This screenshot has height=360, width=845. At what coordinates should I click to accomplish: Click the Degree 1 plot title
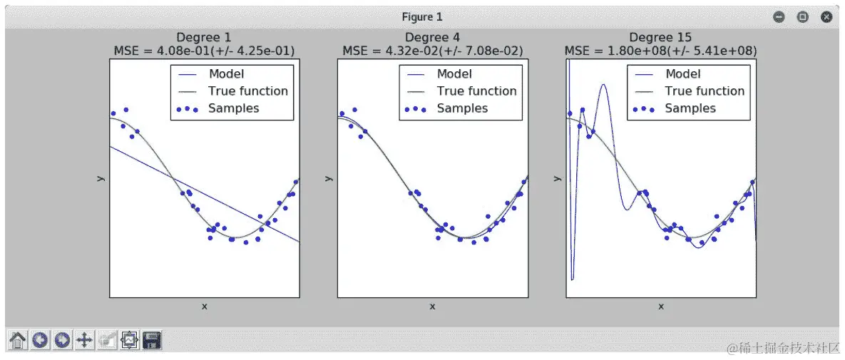pos(204,38)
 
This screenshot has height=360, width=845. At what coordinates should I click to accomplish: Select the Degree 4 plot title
pos(433,38)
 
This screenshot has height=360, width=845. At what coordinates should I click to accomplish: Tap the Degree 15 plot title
pos(660,38)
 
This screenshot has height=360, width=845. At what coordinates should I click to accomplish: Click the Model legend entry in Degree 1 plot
pos(226,74)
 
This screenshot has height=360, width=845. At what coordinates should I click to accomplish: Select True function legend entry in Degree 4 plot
pos(476,91)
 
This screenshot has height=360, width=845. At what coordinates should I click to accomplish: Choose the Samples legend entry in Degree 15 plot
pos(690,108)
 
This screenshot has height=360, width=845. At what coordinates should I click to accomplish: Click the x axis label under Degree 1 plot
pos(204,307)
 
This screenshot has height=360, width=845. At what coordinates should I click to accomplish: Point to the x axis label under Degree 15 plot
pos(660,307)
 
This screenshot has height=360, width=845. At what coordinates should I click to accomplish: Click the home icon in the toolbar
pos(18,341)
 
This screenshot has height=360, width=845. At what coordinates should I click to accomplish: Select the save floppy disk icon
pos(151,341)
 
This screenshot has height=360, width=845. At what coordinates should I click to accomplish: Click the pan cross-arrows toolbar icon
pos(84,341)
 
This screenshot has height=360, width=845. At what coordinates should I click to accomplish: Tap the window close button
pos(826,16)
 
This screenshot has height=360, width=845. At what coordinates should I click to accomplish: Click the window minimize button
pos(779,16)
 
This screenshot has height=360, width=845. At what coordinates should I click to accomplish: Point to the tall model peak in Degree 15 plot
pos(604,86)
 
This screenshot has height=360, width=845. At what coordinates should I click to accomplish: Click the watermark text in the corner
pos(781,348)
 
